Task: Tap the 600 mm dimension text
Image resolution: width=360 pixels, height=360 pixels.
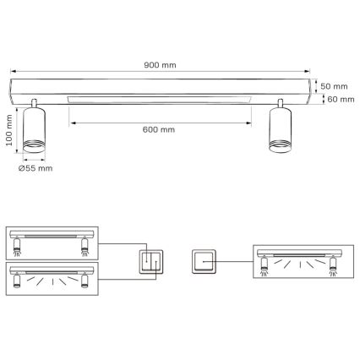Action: pos(160,129)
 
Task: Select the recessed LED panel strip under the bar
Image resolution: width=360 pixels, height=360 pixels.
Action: pos(159,98)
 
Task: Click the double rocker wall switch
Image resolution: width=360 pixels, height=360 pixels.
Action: pos(150,262)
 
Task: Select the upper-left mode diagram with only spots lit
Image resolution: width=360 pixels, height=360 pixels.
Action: pos(52,239)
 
